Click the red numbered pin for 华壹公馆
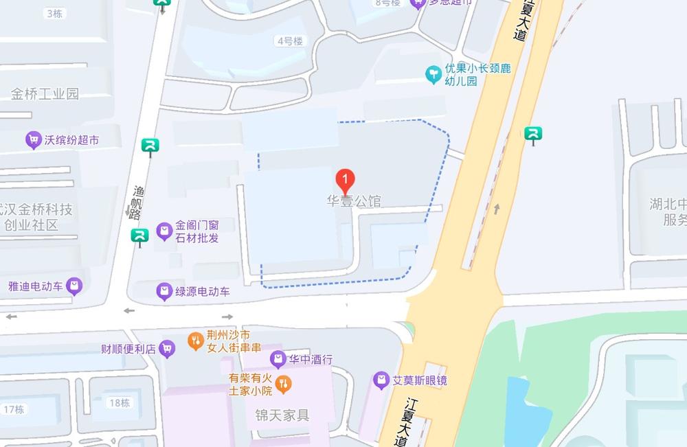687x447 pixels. tap(346, 181)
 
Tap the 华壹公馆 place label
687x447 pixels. tap(353, 202)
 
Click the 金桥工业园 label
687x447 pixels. tap(45, 94)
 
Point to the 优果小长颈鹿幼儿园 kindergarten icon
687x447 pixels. tap(433, 74)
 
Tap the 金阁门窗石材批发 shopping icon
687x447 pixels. tap(164, 231)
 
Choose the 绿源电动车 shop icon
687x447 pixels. tap(164, 292)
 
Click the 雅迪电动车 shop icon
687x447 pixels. tap(74, 286)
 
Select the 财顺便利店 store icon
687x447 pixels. tap(167, 348)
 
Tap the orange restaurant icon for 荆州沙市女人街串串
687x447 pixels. tap(196, 340)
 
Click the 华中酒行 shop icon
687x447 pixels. tap(278, 358)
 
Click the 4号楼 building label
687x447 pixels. tap(290, 41)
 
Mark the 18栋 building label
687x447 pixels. tap(120, 403)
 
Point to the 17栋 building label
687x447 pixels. tap(14, 410)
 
